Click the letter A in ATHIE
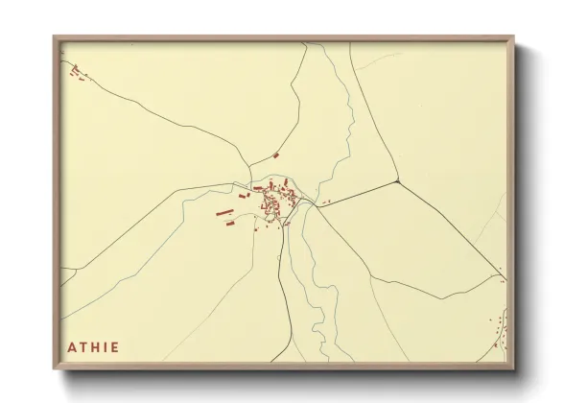click(73, 346)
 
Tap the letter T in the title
click(83, 346)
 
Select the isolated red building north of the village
click(276, 154)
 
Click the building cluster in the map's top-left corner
click(76, 71)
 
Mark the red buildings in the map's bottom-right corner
click(499, 331)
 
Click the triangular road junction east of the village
click(396, 180)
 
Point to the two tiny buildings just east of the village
click(326, 201)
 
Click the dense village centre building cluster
click(276, 201)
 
